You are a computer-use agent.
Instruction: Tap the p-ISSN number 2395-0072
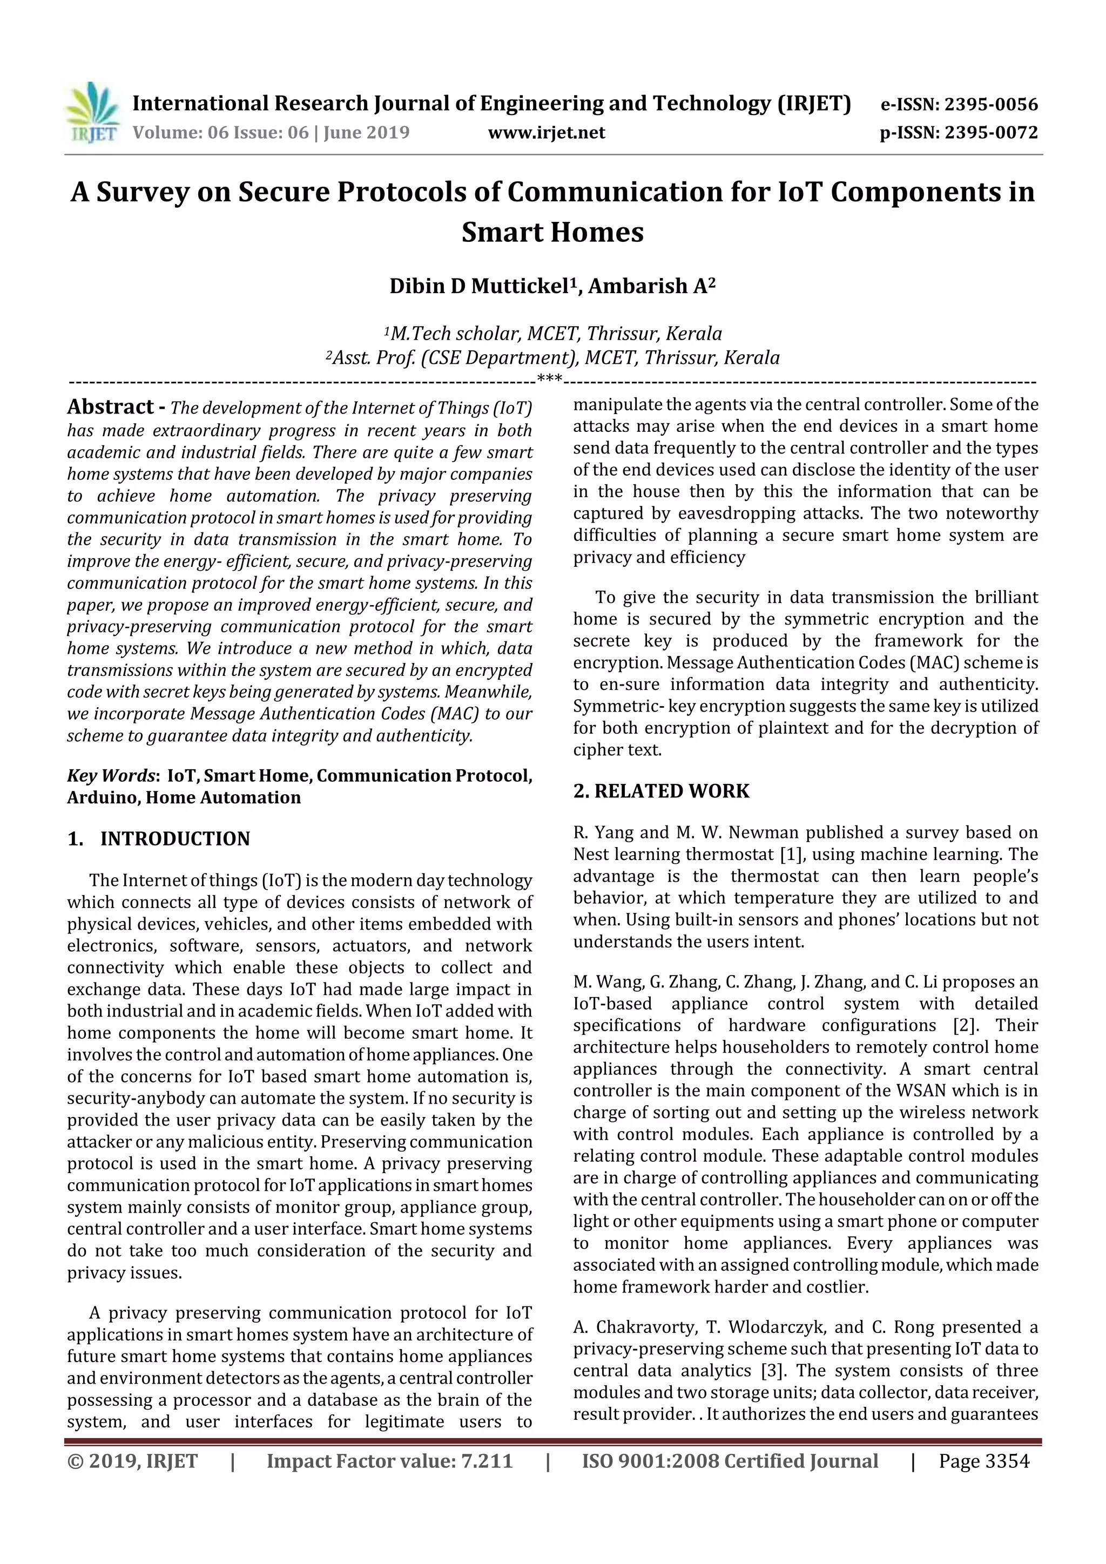990,133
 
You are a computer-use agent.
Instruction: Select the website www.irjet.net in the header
547,133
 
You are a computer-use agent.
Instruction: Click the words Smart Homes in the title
552,232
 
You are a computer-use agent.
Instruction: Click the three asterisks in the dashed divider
549,379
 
